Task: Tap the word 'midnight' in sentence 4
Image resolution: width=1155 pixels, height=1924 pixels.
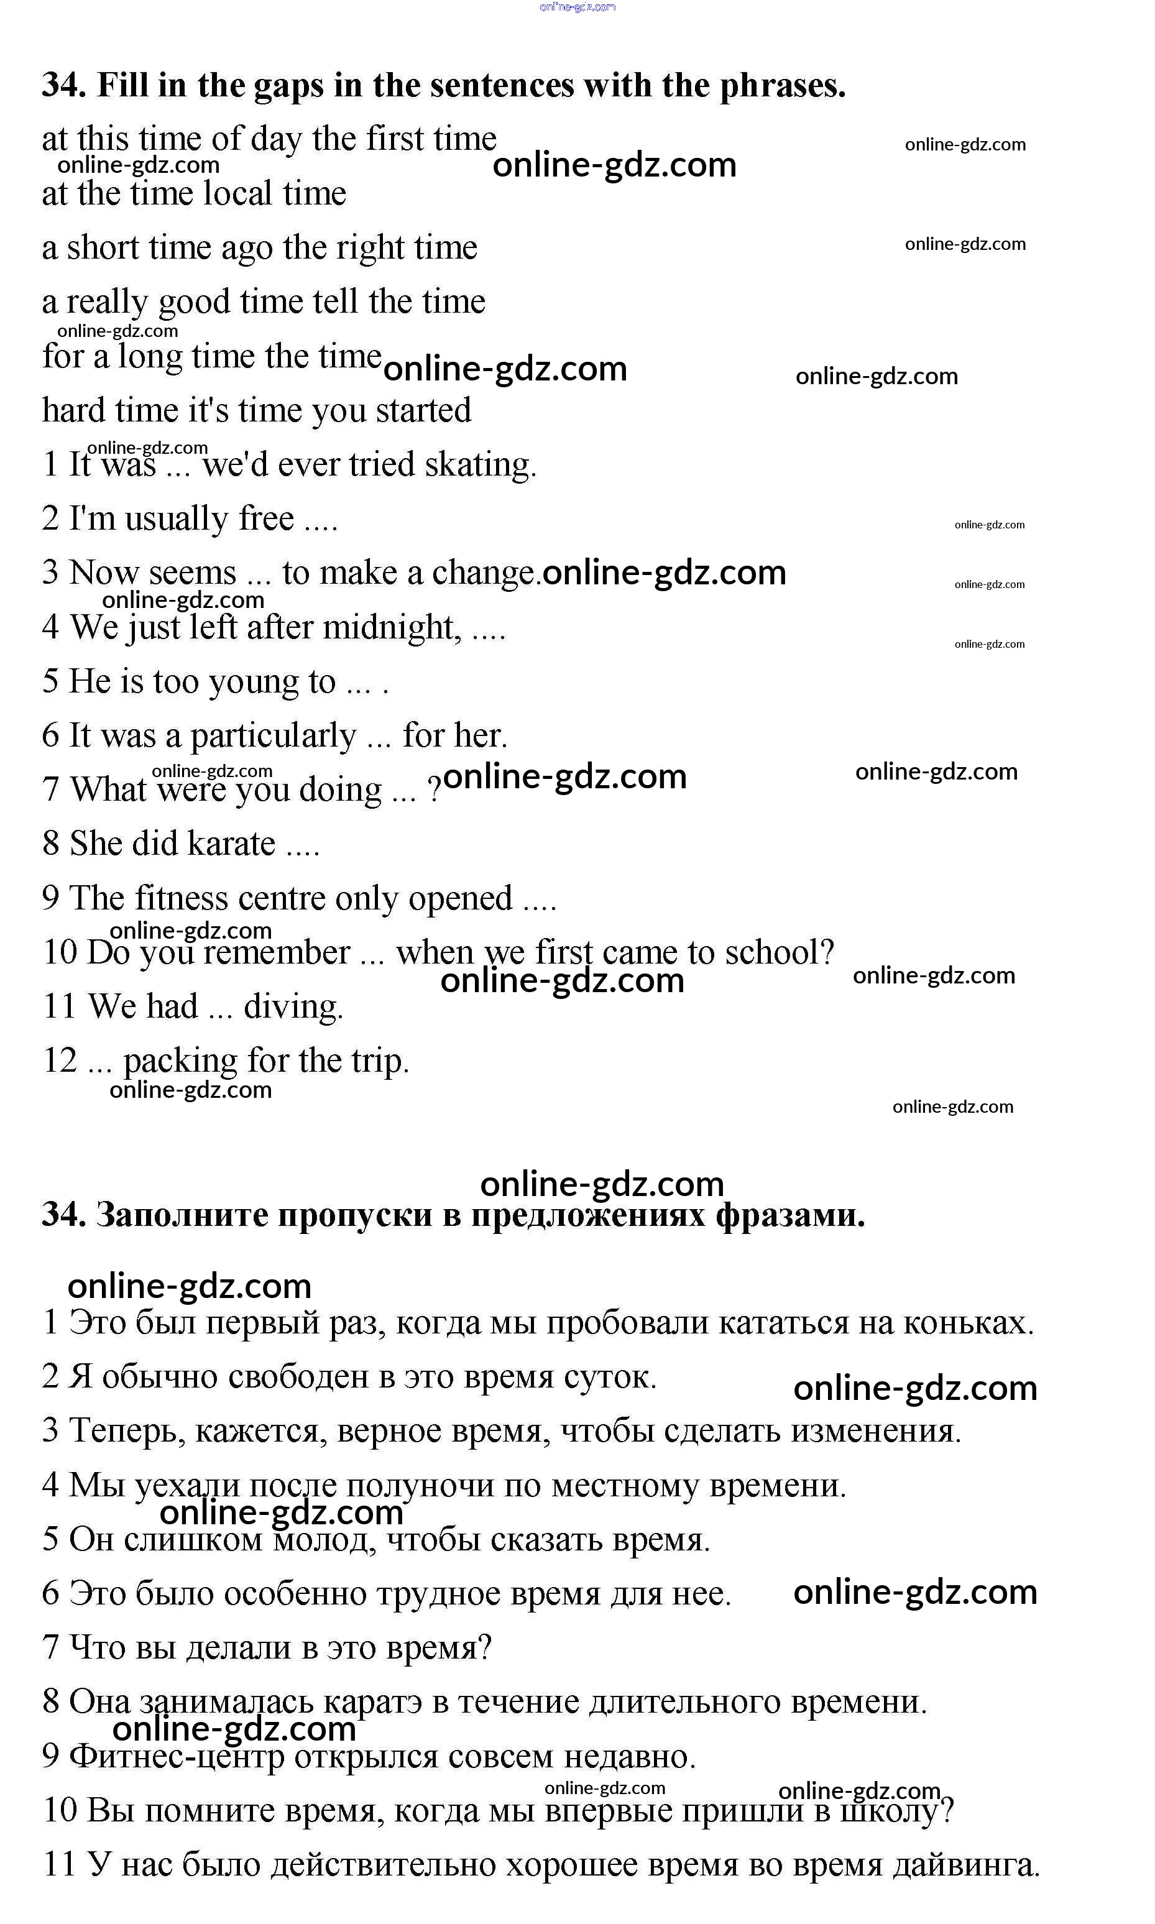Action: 392,627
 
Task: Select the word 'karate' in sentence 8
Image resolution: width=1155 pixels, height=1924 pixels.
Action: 231,844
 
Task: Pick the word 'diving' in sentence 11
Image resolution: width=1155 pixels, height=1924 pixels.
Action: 293,1006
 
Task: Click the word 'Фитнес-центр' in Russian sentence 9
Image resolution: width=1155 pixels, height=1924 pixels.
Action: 177,1757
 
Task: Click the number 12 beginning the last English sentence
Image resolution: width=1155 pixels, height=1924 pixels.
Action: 60,1061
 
